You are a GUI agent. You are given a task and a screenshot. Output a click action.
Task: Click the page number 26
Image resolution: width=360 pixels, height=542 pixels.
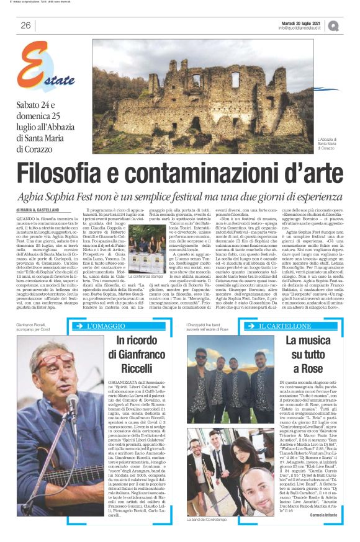(x=25, y=25)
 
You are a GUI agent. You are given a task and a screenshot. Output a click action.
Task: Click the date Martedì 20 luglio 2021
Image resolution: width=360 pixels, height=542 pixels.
(x=300, y=22)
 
